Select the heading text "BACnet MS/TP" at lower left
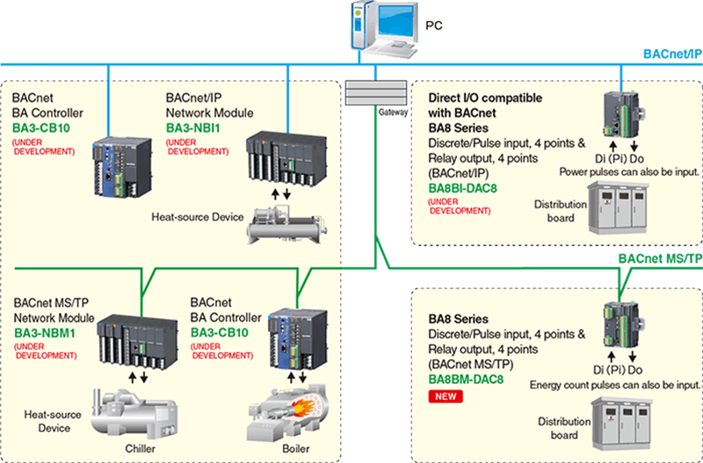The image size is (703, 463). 50,304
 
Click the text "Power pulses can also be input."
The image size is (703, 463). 629,171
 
